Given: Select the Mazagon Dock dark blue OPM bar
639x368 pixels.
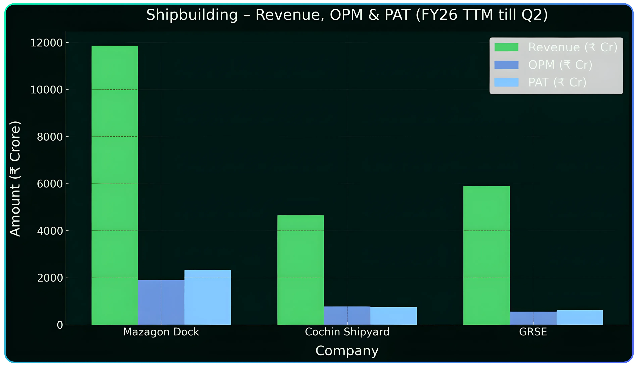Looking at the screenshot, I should pos(161,302).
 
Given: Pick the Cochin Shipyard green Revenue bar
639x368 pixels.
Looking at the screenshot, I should pos(301,270).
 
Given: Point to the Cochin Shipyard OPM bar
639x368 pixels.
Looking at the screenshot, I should pos(347,315).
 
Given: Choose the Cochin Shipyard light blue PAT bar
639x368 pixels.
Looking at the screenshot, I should pos(394,316).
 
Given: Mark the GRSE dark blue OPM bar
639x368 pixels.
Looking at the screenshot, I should pos(533,318).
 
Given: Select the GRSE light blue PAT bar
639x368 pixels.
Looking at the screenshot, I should pos(580,317).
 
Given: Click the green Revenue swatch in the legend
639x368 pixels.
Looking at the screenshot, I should pos(506,47).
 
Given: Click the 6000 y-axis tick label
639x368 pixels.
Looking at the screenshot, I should pos(50,184).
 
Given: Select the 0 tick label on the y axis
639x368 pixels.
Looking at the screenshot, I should pos(60,325).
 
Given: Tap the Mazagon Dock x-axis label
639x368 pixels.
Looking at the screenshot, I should pos(161,332).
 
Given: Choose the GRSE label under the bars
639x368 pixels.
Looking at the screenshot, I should pos(533,332).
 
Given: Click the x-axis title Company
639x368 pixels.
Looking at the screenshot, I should pos(347,351).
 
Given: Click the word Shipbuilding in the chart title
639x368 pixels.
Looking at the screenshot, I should pos(192,15).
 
